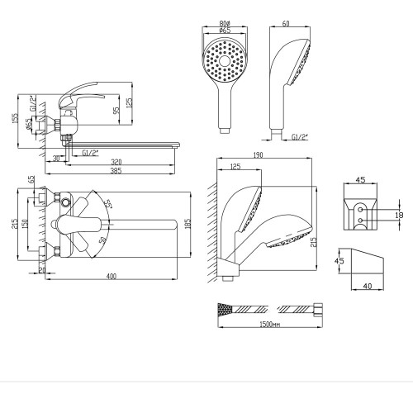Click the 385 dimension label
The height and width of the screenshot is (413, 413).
[x=116, y=171]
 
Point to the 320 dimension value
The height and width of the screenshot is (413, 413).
[x=116, y=162]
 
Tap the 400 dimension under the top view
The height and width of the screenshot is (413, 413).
[x=112, y=276]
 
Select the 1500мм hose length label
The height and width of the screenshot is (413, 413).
[x=270, y=324]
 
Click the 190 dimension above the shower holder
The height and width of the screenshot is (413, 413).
[x=258, y=155]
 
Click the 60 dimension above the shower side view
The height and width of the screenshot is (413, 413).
[x=286, y=23]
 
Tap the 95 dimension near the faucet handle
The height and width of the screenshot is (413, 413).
[x=117, y=110]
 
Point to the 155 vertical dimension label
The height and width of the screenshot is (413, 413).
[x=16, y=118]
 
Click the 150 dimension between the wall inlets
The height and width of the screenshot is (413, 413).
[x=25, y=225]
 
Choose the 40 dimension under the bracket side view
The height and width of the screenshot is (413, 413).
[x=368, y=286]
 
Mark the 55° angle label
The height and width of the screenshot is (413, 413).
[x=107, y=204]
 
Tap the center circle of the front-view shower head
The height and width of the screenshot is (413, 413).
[x=225, y=61]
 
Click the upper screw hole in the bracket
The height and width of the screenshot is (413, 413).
[x=360, y=210]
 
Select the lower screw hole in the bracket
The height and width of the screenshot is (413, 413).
[x=360, y=221]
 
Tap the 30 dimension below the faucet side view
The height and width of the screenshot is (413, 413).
[x=56, y=159]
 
